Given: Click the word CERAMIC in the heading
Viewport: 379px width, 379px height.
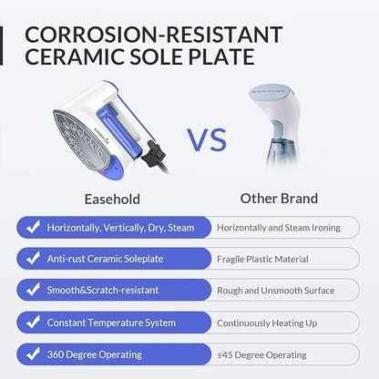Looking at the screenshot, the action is (x=75, y=56).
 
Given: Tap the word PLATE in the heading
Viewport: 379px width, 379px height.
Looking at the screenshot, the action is (x=221, y=56).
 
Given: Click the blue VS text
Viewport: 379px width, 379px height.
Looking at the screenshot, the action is (x=207, y=140).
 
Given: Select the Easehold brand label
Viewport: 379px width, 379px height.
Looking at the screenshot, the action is (x=112, y=200).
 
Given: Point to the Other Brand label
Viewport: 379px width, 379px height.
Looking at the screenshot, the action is (x=279, y=199).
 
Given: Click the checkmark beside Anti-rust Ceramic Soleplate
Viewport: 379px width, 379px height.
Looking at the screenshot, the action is (x=33, y=258).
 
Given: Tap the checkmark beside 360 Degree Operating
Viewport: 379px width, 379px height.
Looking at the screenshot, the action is (x=33, y=353).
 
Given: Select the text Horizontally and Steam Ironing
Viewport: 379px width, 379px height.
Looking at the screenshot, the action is (x=279, y=228).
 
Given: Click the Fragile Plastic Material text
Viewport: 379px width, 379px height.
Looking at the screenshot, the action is (x=262, y=259).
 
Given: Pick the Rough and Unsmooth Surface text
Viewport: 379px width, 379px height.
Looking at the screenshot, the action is (x=276, y=291).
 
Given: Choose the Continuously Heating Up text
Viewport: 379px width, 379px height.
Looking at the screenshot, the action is (x=267, y=323).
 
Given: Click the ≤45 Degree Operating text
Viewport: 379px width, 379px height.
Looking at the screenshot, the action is (x=261, y=355).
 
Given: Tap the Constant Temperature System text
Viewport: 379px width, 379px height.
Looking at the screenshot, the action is (x=111, y=323).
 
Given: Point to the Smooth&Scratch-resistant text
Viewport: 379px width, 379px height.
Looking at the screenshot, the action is (x=103, y=290).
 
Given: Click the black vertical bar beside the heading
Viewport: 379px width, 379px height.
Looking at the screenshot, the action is (x=1, y=46).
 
